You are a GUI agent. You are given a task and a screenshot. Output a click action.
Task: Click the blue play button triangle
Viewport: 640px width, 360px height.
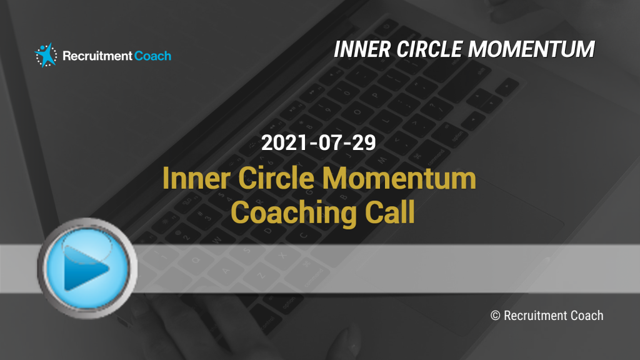click(x=85, y=268)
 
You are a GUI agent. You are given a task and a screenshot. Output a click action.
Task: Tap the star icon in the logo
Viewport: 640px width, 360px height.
click(x=46, y=55)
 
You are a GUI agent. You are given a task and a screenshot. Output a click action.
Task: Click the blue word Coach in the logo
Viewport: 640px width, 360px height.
click(x=152, y=56)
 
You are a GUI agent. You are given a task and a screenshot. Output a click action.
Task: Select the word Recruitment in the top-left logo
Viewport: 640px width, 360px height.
click(x=97, y=56)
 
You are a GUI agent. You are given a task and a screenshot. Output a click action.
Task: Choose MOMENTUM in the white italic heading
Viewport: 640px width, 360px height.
click(x=531, y=49)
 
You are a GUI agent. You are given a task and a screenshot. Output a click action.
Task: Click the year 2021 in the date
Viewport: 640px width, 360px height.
click(x=284, y=143)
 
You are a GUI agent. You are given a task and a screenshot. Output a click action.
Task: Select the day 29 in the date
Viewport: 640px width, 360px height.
click(x=364, y=143)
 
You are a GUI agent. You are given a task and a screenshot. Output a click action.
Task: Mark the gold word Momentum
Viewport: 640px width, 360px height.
click(x=399, y=179)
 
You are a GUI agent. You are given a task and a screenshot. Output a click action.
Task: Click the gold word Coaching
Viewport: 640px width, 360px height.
click(x=294, y=212)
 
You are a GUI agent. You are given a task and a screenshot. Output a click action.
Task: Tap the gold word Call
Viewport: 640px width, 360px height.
click(x=390, y=212)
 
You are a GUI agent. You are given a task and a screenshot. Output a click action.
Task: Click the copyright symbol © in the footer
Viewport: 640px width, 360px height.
click(x=495, y=316)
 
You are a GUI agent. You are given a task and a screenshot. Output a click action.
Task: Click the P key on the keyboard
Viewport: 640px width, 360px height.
click(x=376, y=97)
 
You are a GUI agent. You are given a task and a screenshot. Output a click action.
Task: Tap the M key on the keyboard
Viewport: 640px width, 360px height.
click(x=382, y=160)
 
